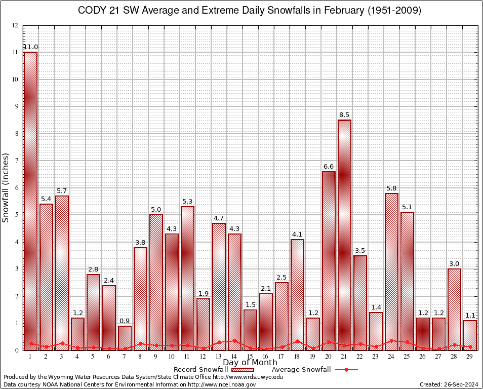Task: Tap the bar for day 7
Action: click(x=125, y=338)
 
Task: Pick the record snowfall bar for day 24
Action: click(x=392, y=271)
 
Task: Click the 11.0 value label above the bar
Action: click(x=30, y=47)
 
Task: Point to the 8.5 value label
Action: click(x=345, y=115)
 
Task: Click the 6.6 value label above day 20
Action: click(x=329, y=167)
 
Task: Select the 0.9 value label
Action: click(x=125, y=321)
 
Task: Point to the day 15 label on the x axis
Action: click(x=250, y=357)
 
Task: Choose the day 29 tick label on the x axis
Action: click(x=470, y=357)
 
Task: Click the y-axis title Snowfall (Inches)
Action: click(x=6, y=187)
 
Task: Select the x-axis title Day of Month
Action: click(x=250, y=363)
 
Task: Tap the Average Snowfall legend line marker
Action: click(x=346, y=370)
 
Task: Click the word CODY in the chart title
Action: click(x=91, y=11)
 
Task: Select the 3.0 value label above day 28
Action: click(x=455, y=264)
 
